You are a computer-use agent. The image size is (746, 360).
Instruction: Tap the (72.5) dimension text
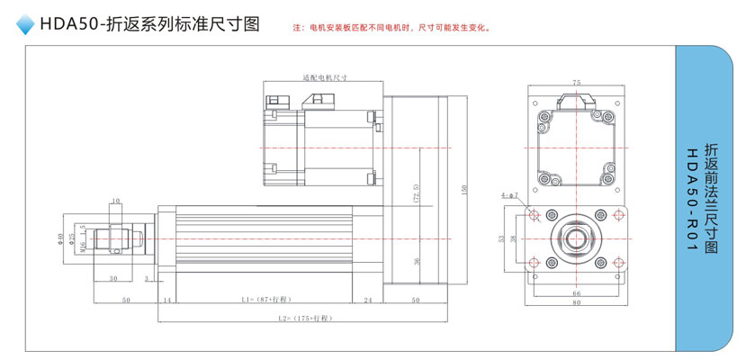(x=417, y=193)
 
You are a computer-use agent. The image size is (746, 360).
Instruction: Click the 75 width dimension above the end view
(x=576, y=81)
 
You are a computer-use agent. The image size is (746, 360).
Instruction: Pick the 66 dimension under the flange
(x=576, y=293)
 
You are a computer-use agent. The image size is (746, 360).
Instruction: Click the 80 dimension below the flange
(x=576, y=303)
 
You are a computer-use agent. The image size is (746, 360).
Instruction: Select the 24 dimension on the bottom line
(x=368, y=298)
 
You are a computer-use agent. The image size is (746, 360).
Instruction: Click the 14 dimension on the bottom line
(x=166, y=298)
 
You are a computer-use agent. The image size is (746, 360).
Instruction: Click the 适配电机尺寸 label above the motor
(x=325, y=78)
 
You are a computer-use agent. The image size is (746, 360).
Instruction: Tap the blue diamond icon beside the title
(x=25, y=27)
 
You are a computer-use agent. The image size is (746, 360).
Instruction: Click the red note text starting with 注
(x=391, y=28)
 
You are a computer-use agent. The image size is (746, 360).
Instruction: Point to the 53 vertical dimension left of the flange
(x=501, y=238)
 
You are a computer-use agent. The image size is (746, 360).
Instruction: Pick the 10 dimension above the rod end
(x=116, y=200)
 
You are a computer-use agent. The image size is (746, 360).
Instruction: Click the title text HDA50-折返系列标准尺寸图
(x=149, y=25)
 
